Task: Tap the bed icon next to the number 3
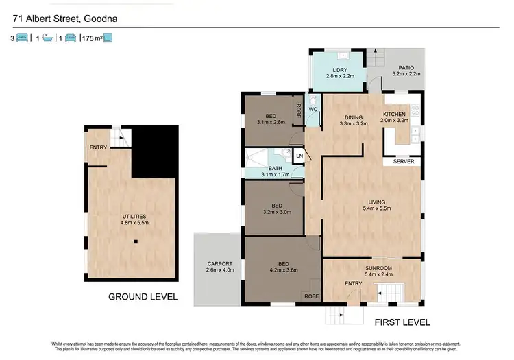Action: [x=22, y=39]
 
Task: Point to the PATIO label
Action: [x=405, y=67]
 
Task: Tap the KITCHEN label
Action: [x=395, y=114]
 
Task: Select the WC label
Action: [x=313, y=109]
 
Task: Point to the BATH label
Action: [x=275, y=168]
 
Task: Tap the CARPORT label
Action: [x=220, y=263]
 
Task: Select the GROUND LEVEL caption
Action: [x=143, y=297]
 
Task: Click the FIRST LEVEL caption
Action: [x=402, y=322]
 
